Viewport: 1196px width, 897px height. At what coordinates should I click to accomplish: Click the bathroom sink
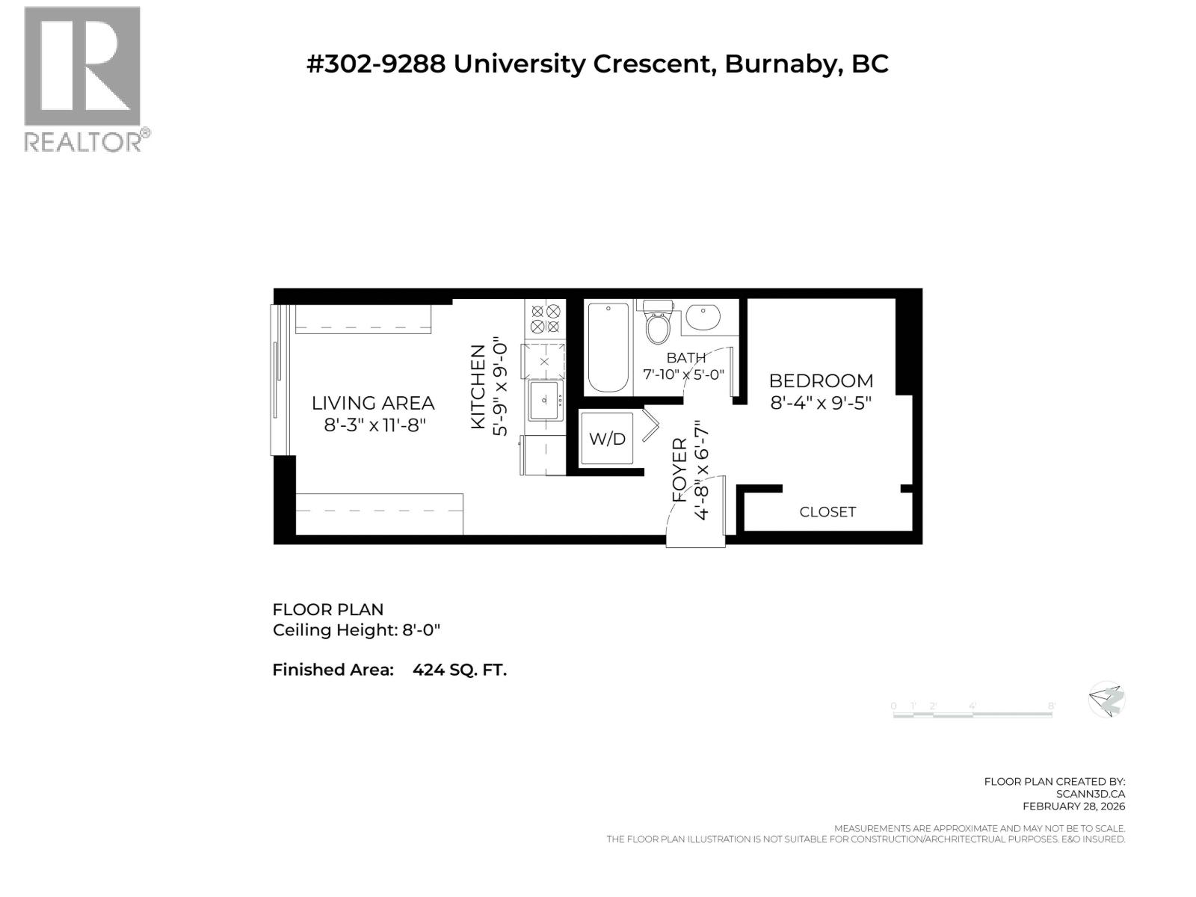point(702,316)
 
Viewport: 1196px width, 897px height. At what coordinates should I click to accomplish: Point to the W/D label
point(607,439)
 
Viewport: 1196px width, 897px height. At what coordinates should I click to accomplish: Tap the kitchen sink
point(544,401)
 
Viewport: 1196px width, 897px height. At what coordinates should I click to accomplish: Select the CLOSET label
point(827,512)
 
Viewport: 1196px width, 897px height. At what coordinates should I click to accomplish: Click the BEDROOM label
point(821,380)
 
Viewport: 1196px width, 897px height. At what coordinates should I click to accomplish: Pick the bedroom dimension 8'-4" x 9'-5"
point(821,403)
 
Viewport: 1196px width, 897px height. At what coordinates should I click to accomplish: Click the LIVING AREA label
point(373,403)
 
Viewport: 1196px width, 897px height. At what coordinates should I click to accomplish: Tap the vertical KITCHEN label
point(478,386)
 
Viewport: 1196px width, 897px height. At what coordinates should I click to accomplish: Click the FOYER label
point(679,469)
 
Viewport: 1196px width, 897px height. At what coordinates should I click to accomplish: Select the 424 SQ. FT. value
point(460,670)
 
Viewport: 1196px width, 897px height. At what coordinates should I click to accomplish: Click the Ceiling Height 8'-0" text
point(357,630)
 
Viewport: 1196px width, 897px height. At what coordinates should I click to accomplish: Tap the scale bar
point(972,714)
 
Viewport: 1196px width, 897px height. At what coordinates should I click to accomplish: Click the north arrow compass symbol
point(1106,700)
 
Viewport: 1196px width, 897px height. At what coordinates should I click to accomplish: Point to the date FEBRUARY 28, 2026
point(1073,806)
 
